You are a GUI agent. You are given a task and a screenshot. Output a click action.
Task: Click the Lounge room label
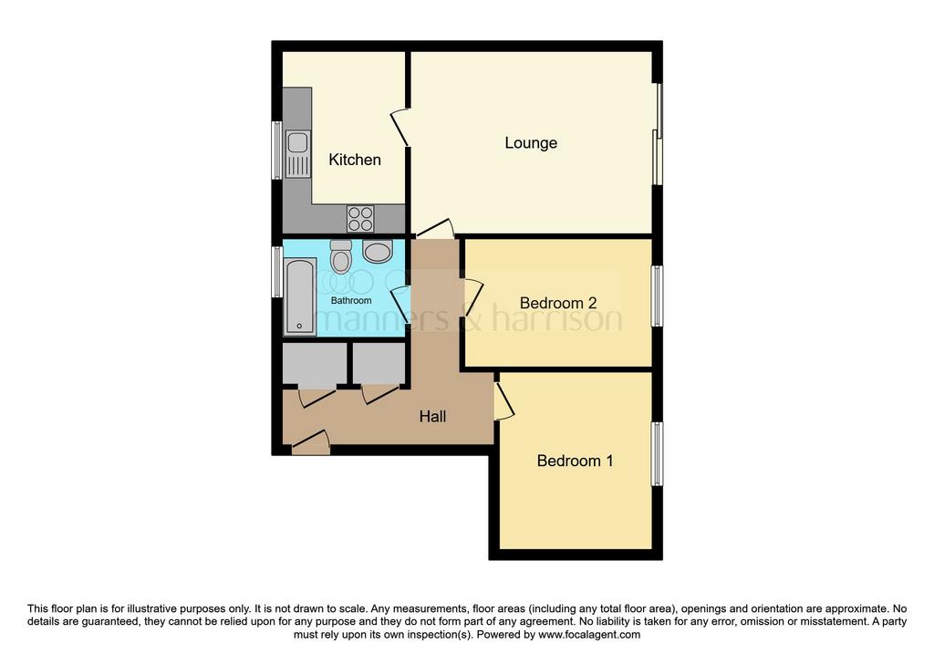531,143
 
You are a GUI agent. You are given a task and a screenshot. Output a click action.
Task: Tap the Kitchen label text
355,160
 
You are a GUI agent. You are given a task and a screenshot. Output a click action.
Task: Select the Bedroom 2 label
558,303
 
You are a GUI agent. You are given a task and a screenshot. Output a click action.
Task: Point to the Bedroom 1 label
575,461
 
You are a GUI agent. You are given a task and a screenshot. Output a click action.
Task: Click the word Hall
432,416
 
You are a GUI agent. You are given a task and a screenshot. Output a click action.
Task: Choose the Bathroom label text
351,301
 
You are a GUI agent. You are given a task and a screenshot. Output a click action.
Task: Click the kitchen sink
298,153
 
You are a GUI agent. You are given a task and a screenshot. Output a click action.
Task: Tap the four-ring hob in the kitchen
360,218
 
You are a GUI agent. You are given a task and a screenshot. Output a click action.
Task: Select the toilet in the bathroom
341,256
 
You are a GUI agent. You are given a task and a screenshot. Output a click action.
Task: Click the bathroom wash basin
377,252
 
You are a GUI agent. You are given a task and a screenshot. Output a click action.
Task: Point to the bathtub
299,296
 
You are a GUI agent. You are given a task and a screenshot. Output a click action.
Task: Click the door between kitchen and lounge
400,127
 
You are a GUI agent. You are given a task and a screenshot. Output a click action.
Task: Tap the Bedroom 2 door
472,296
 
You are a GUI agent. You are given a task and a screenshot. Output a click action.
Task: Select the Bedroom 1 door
503,400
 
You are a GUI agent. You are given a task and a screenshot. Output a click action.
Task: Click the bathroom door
401,305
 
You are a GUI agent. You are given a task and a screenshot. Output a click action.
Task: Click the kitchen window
277,151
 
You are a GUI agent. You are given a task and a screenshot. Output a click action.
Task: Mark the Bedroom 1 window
657,454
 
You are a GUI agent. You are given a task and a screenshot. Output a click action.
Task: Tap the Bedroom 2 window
657,296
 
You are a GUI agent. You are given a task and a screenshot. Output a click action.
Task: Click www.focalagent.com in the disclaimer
589,634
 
